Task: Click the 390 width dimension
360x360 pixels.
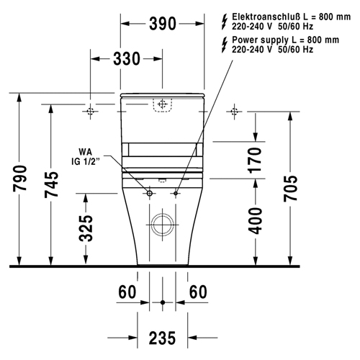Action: [163, 24]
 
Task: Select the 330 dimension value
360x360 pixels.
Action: [127, 59]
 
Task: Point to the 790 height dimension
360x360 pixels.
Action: [19, 179]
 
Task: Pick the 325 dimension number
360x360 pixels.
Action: [86, 228]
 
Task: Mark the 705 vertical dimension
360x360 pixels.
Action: [289, 189]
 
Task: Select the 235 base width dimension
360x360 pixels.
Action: [163, 338]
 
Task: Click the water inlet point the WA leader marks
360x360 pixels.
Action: [149, 194]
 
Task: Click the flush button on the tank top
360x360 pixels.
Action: [163, 105]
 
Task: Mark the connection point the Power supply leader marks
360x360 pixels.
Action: [176, 194]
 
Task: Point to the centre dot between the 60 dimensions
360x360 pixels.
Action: [163, 302]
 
